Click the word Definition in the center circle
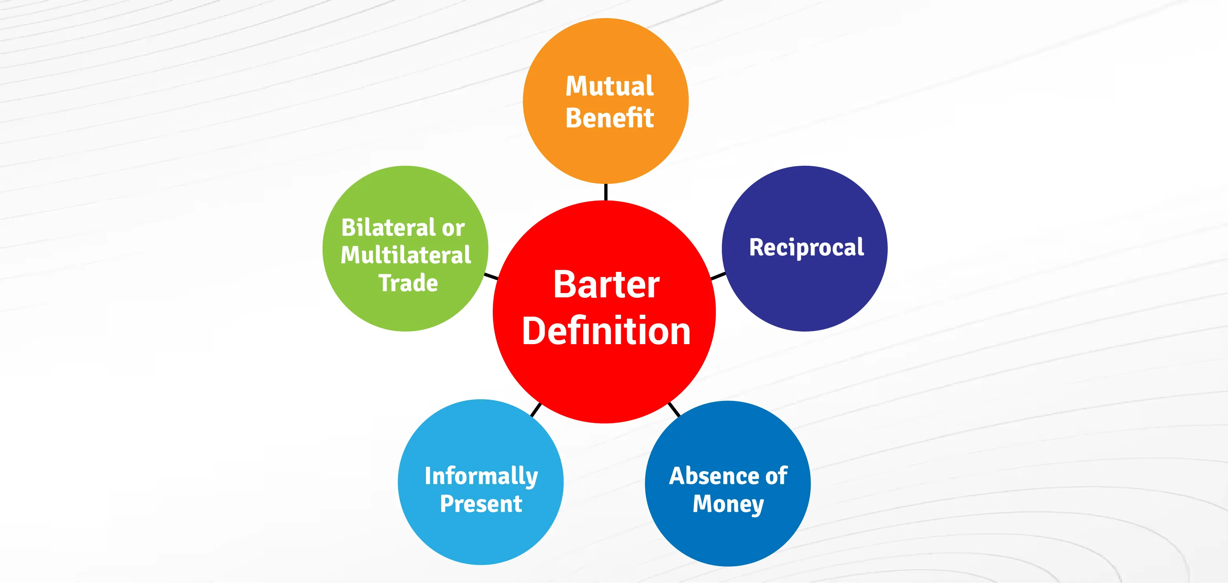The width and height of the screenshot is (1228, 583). tap(606, 330)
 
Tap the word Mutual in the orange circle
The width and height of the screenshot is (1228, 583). tap(609, 86)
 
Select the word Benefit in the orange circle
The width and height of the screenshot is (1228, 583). tap(609, 117)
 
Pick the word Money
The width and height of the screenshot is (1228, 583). tap(728, 505)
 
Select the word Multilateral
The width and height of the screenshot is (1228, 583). tap(406, 255)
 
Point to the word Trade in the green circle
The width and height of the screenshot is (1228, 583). tap(408, 283)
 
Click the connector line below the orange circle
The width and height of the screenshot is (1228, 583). tap(606, 192)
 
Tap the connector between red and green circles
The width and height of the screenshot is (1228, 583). tap(491, 277)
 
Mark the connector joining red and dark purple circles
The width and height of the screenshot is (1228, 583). tap(718, 276)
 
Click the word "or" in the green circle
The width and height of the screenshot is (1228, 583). tap(453, 229)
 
